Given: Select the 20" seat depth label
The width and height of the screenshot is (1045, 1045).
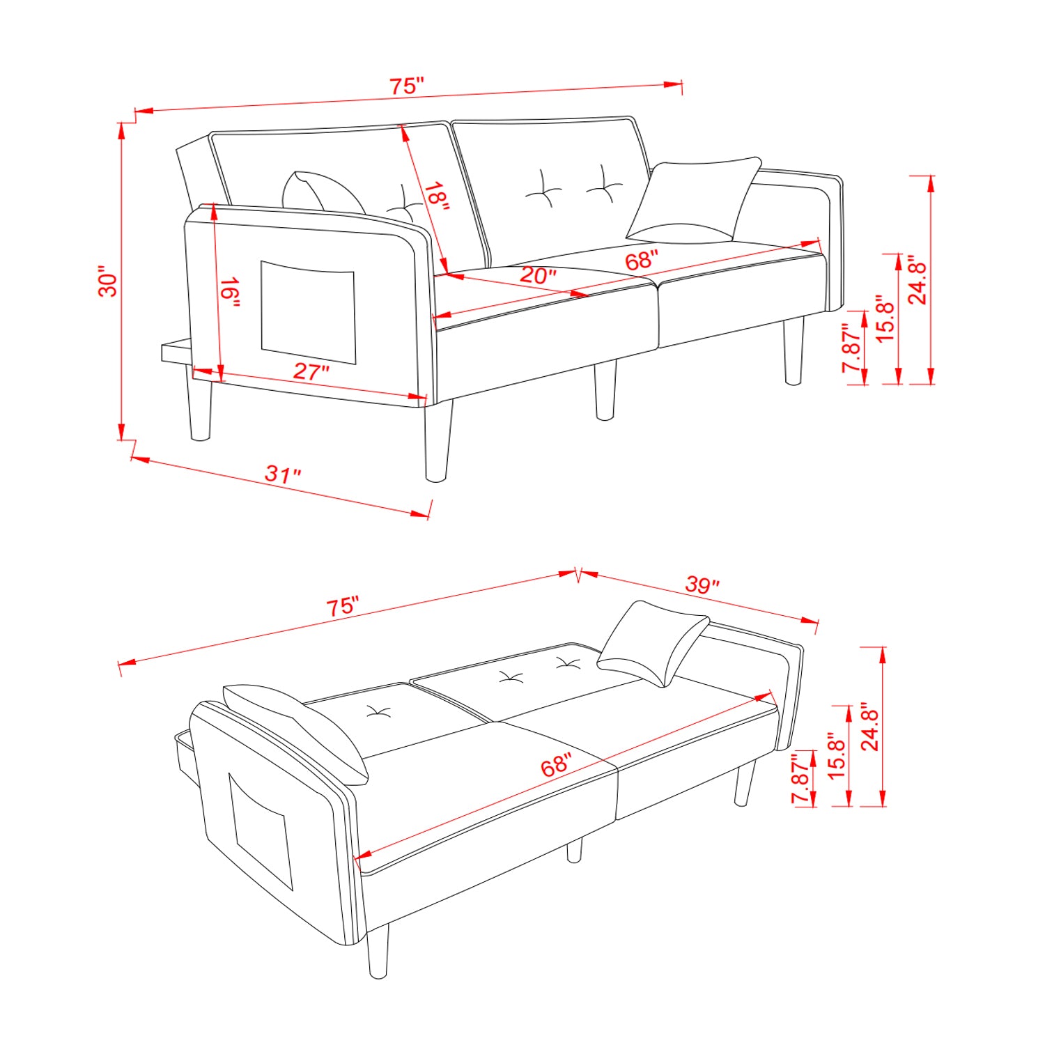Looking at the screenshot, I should pyautogui.click(x=538, y=275).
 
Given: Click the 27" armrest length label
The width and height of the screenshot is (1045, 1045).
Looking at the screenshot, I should pyautogui.click(x=311, y=371).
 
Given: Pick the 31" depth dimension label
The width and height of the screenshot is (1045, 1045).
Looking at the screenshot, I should pyautogui.click(x=283, y=474).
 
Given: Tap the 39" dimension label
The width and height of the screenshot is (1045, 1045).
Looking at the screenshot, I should pyautogui.click(x=702, y=585).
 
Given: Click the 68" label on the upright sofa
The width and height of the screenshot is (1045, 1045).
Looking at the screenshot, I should pyautogui.click(x=641, y=261).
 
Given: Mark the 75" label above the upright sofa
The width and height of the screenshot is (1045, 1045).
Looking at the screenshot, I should pyautogui.click(x=406, y=86).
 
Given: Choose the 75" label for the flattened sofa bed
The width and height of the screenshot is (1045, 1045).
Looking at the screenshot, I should pyautogui.click(x=343, y=606).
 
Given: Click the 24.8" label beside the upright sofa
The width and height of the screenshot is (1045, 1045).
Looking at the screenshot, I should pyautogui.click(x=918, y=282).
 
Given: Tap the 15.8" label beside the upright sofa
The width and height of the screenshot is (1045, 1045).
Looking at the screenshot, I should pyautogui.click(x=884, y=318).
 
